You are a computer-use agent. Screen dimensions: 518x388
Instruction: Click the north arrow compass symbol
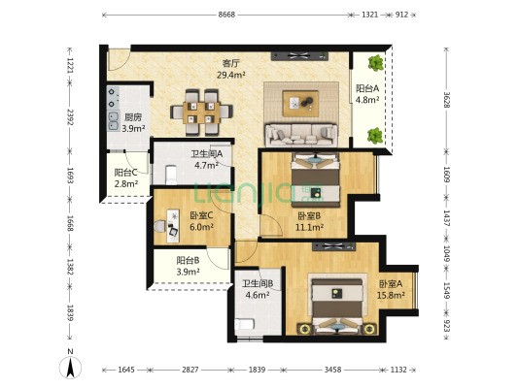point(70,367)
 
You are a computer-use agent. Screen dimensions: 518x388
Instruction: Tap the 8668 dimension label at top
point(226,15)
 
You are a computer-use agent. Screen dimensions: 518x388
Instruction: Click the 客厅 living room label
point(230,63)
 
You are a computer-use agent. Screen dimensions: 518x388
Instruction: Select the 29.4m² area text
point(230,75)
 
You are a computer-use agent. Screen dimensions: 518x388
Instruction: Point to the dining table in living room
point(201,113)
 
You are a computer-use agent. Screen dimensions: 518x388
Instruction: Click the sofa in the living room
point(301,134)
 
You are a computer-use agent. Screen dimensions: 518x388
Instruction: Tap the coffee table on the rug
point(300,104)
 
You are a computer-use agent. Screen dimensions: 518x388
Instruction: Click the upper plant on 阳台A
point(376,63)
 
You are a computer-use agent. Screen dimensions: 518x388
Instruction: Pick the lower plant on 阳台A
point(375,136)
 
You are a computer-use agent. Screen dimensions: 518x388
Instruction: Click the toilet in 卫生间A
point(171,175)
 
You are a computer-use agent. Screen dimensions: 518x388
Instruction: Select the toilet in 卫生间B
point(245,324)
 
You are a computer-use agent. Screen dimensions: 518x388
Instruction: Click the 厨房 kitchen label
point(133,117)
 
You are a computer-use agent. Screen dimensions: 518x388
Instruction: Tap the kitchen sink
point(114,121)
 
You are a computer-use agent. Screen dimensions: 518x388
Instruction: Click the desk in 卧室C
point(173,226)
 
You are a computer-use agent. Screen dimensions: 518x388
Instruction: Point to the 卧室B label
point(309,216)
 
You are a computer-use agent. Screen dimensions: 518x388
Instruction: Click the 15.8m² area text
point(391,296)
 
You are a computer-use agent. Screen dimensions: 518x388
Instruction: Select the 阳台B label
point(188,261)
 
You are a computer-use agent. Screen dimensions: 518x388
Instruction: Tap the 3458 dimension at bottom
point(332,370)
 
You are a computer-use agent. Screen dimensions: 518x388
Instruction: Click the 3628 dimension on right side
point(447,99)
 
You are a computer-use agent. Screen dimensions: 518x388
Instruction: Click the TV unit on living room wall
point(300,55)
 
